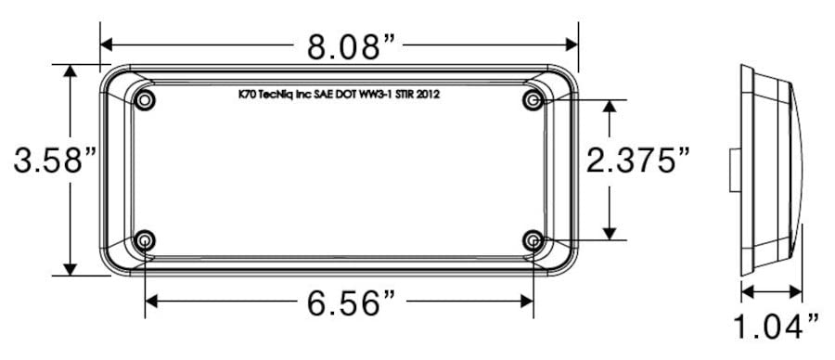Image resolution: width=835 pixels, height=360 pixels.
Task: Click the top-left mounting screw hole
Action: pyautogui.click(x=145, y=100)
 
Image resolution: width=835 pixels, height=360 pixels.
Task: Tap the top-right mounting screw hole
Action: pyautogui.click(x=533, y=100)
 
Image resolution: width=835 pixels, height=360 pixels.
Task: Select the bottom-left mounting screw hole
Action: pyautogui.click(x=145, y=241)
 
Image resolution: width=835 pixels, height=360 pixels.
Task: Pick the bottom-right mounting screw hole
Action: pyautogui.click(x=533, y=241)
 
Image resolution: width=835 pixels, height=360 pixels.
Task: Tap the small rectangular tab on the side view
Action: pyautogui.click(x=734, y=170)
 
